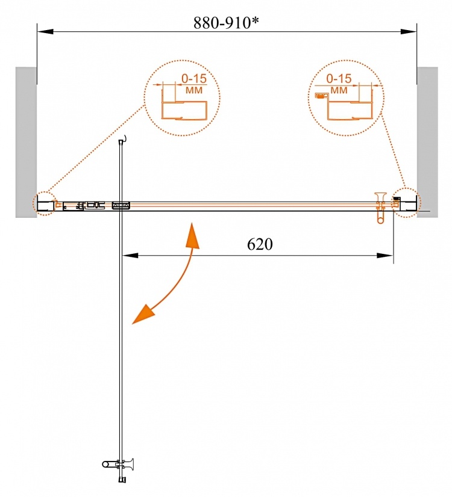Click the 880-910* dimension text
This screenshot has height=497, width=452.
(x=226, y=23)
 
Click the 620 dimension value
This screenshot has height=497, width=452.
(x=260, y=244)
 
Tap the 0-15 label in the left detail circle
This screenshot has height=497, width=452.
(x=193, y=78)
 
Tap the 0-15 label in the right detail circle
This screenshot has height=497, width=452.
(x=339, y=78)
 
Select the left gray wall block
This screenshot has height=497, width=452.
(x=26, y=142)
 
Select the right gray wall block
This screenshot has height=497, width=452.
(x=427, y=142)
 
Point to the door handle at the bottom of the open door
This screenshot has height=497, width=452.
(x=118, y=465)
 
